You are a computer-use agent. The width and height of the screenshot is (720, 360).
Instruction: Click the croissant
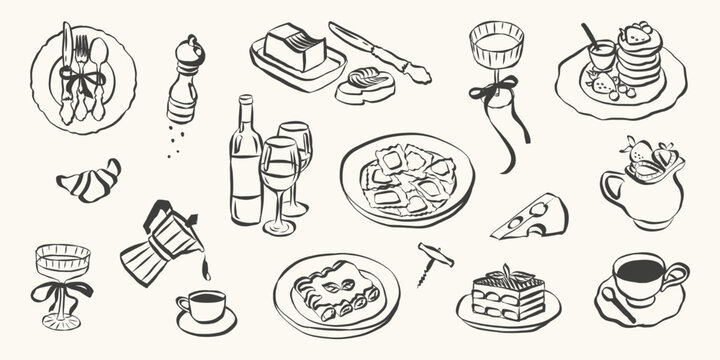point(88,181)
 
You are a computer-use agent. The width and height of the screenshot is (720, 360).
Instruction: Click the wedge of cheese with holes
point(532,217)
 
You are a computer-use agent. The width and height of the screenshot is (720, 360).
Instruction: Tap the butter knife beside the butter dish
point(380,51)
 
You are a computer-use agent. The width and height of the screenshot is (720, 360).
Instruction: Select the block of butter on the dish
point(295,47)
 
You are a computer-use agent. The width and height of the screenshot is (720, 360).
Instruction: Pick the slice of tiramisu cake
point(507,294)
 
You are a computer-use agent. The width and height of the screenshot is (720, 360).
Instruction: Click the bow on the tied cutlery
point(79,77)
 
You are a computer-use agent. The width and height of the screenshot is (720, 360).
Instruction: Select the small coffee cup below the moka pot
point(205,307)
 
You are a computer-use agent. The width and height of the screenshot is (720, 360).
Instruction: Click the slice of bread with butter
point(364,85)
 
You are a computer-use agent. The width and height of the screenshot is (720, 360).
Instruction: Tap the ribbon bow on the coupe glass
point(61,291)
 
